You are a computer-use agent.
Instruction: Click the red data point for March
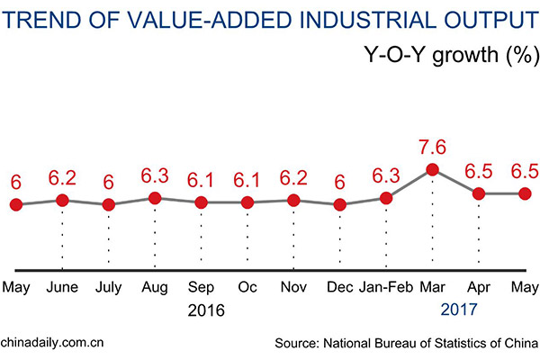pyautogui.click(x=432, y=169)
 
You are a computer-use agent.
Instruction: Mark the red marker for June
pyautogui.click(x=62, y=200)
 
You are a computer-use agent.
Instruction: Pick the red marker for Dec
pyautogui.click(x=339, y=204)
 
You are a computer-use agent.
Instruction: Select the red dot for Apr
pyautogui.click(x=479, y=193)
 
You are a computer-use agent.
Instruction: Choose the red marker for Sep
pyautogui.click(x=201, y=202)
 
